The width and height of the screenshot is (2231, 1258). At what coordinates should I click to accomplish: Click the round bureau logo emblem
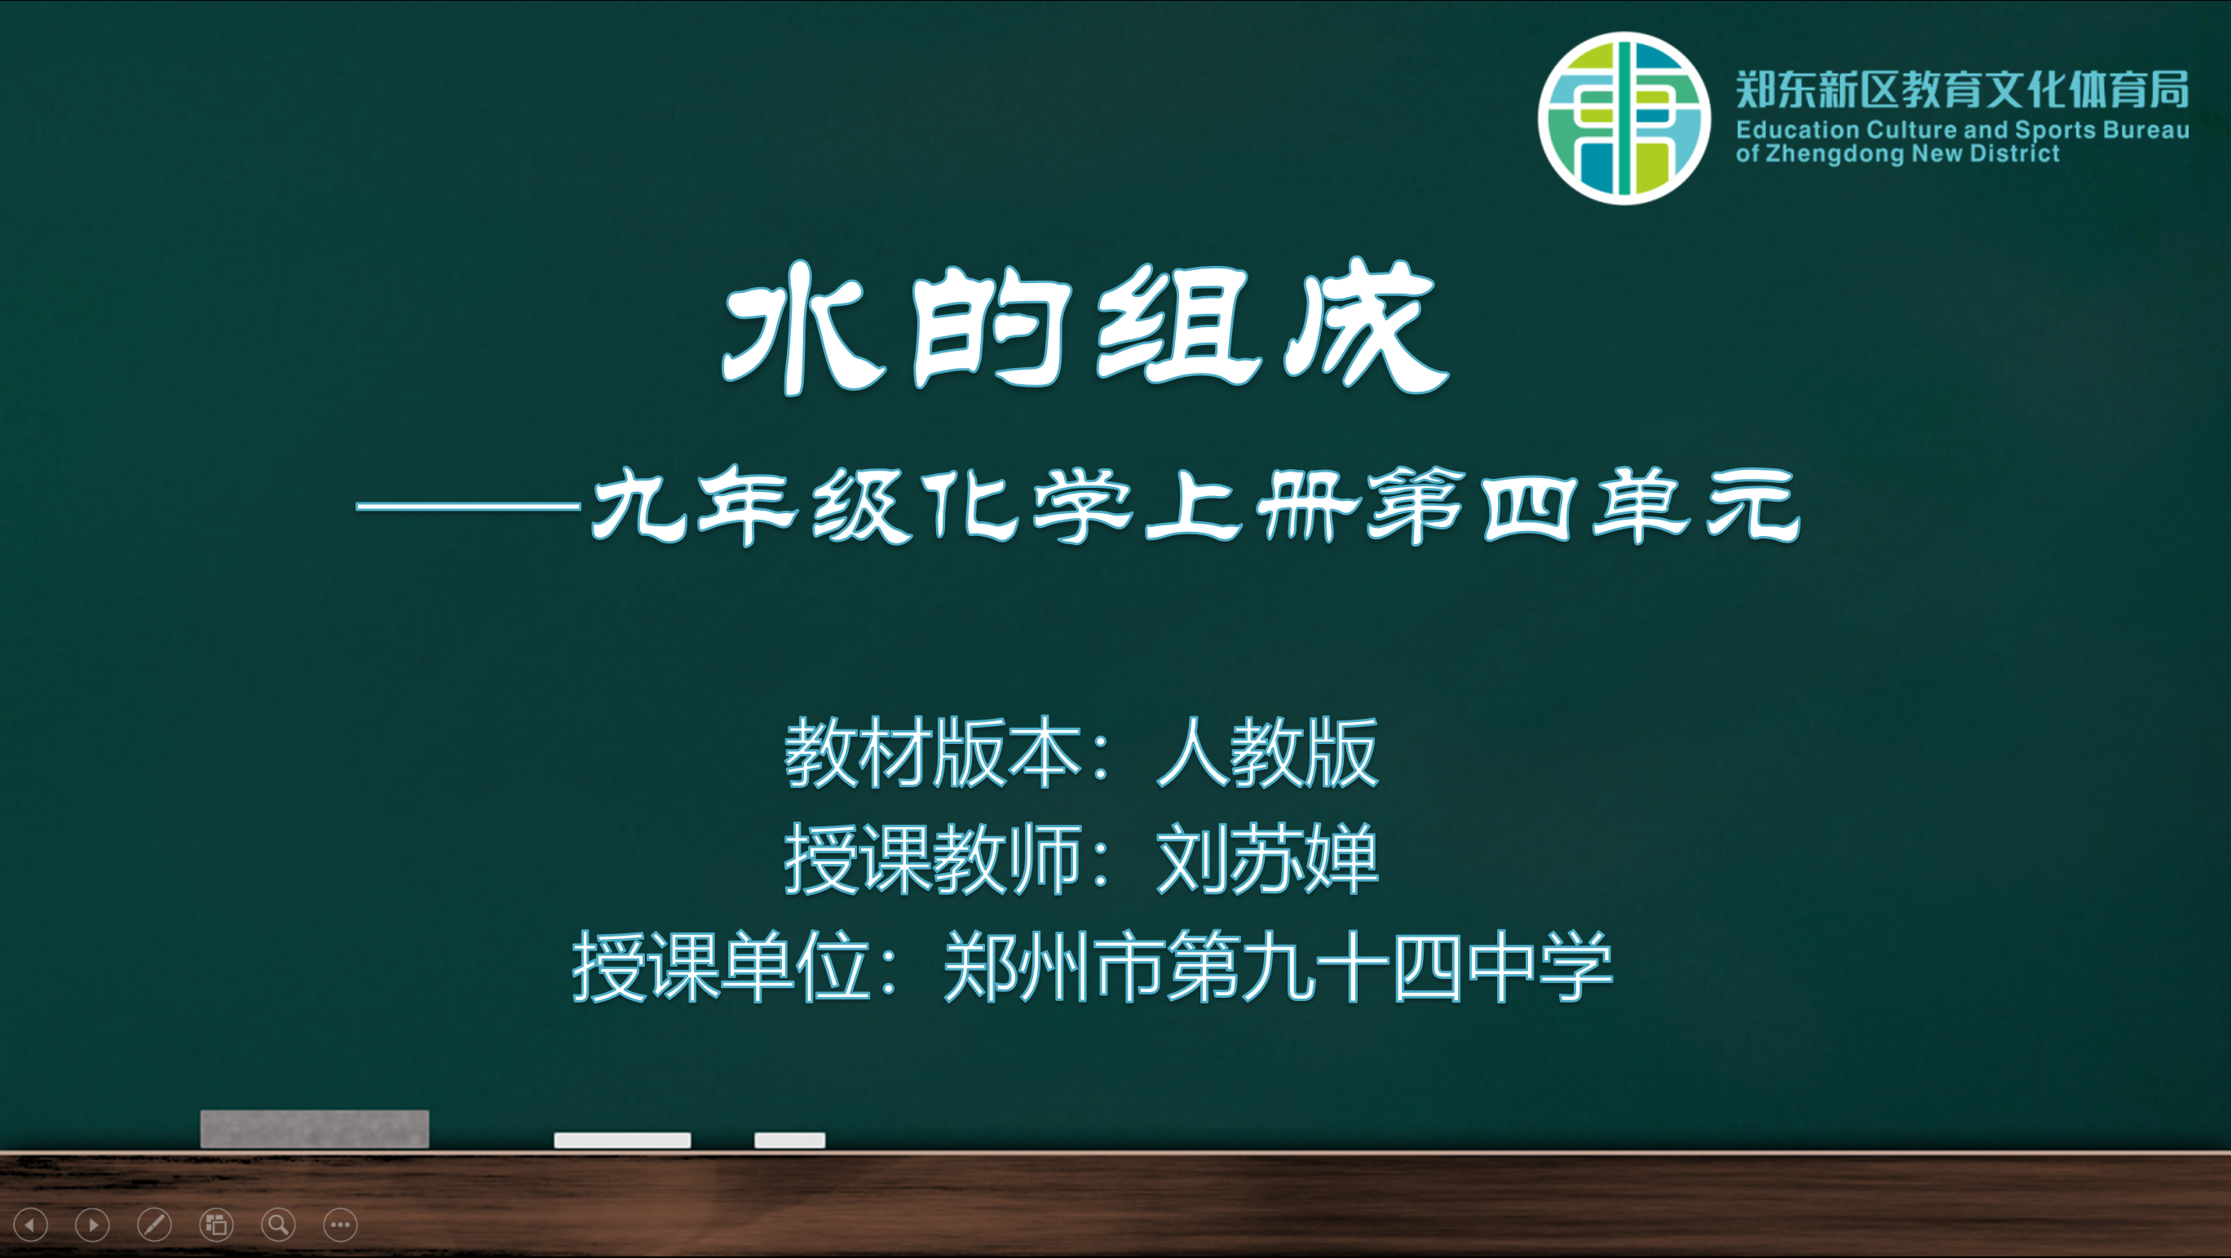click(1624, 118)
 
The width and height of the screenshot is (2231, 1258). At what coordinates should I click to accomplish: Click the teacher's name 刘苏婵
click(1267, 859)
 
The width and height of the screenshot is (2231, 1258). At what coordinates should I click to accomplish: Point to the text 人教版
click(1267, 752)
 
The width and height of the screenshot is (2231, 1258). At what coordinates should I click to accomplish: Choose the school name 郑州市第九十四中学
click(1279, 966)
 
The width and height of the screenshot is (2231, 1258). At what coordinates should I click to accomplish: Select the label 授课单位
click(722, 966)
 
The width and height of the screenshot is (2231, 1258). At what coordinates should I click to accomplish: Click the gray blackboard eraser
click(315, 1129)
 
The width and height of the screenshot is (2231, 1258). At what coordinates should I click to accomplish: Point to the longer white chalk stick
click(623, 1141)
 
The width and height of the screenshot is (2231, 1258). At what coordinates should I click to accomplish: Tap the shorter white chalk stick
click(790, 1141)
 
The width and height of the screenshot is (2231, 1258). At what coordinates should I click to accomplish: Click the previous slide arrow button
click(31, 1225)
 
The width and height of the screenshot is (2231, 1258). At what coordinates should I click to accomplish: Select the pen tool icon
click(154, 1225)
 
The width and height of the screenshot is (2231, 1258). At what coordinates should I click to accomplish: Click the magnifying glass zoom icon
click(278, 1225)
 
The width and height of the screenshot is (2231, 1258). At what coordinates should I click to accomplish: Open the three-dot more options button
click(340, 1225)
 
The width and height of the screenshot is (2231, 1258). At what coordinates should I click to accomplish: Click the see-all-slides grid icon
click(217, 1225)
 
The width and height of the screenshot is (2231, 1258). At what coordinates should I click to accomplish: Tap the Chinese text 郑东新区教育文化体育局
click(1963, 90)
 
